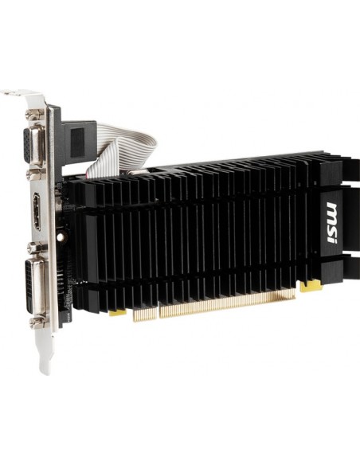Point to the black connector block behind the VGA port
[x=79, y=139]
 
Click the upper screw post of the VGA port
[x=34, y=117]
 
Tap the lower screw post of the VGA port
[x=36, y=172]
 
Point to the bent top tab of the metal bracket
[x=24, y=96]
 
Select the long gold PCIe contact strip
[x=227, y=303]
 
